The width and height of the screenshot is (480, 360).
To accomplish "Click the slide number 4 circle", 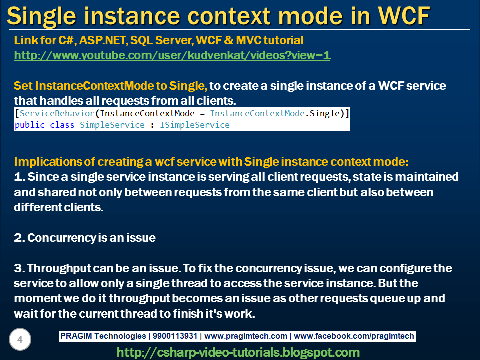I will click(x=20, y=340).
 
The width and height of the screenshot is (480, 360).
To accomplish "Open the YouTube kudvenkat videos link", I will click(x=172, y=55).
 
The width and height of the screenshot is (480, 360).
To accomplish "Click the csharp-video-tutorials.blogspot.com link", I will click(x=238, y=352).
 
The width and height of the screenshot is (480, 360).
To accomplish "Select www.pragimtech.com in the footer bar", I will click(x=246, y=336).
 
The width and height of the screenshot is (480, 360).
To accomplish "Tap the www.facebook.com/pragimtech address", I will click(x=353, y=336).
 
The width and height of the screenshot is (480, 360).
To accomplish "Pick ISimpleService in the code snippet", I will click(x=195, y=125).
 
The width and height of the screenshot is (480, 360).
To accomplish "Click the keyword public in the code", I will click(x=30, y=125).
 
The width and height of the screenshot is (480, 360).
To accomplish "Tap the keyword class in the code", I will click(x=63, y=125).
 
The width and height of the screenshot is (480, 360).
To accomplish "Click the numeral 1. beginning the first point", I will click(x=19, y=177).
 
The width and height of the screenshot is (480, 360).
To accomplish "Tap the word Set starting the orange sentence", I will click(x=23, y=85).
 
